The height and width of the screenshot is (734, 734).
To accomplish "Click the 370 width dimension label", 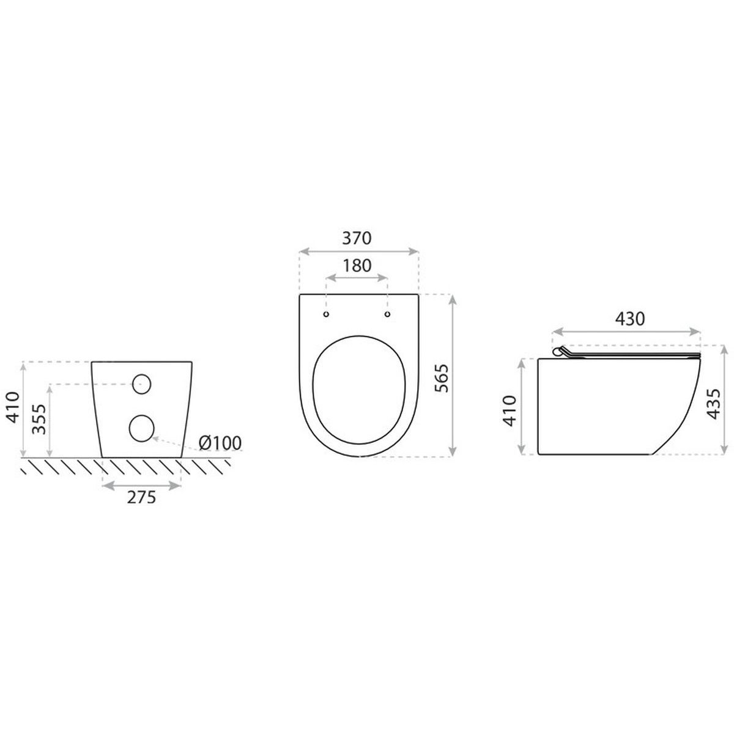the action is click(x=356, y=238).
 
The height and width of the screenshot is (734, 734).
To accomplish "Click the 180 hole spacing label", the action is click(x=357, y=265).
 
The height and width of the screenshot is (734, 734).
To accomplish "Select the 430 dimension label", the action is click(x=629, y=319).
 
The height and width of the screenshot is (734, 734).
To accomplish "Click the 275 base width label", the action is click(x=141, y=497).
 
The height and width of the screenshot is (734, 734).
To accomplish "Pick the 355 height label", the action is click(x=39, y=419).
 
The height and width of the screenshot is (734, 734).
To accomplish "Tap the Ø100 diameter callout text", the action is click(x=220, y=443).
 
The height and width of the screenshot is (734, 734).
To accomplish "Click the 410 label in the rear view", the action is click(x=12, y=407).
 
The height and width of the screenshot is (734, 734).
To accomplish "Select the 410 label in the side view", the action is click(x=510, y=410).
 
